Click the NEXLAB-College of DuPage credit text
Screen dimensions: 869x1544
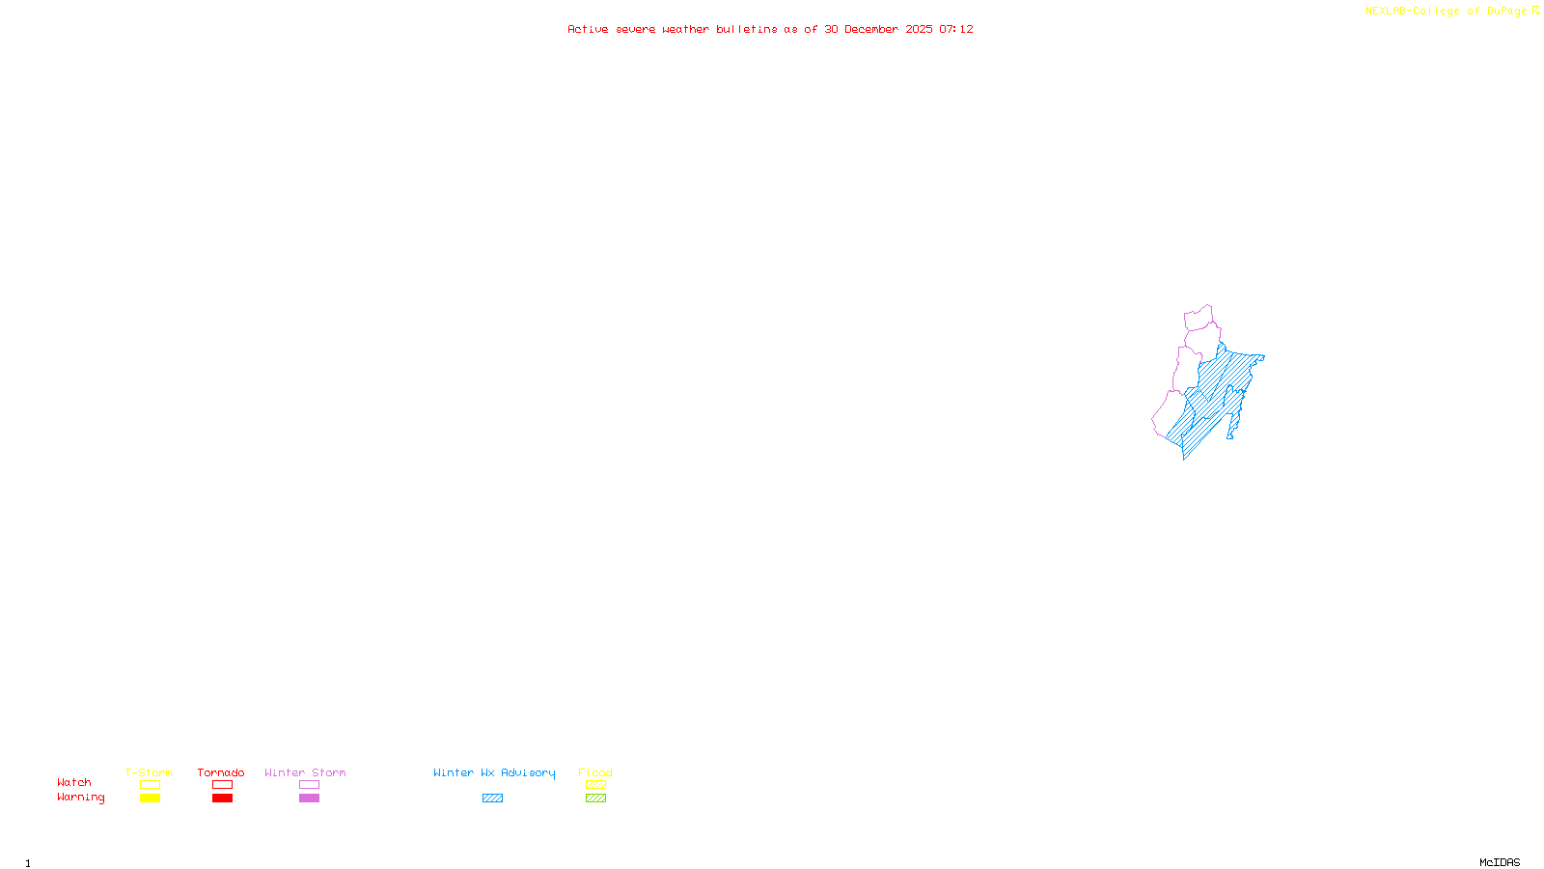[1447, 12]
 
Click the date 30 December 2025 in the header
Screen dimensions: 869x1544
[878, 29]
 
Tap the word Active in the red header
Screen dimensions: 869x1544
[588, 29]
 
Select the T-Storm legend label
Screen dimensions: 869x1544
[149, 772]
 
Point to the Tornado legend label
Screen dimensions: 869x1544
[221, 772]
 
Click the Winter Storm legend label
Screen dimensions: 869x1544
[305, 772]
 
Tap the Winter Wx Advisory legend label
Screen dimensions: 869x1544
[494, 772]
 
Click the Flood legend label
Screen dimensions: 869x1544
[595, 772]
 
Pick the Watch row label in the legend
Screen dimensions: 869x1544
[74, 783]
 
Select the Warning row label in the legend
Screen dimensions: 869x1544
[81, 798]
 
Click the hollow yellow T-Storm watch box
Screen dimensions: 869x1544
[150, 785]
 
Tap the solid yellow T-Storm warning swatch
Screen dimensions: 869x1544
[150, 799]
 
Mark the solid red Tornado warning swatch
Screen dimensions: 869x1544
[222, 799]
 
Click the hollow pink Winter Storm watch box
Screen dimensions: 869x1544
[309, 785]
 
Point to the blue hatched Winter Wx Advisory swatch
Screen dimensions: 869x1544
[492, 799]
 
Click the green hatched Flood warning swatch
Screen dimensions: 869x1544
[595, 799]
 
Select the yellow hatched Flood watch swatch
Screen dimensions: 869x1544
[595, 785]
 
